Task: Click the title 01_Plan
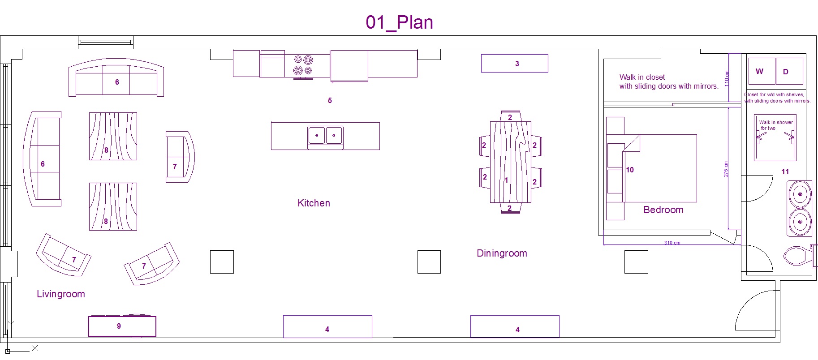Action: (x=399, y=22)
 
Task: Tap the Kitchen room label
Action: (x=314, y=203)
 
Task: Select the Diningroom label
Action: (x=502, y=253)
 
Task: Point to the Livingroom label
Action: (x=61, y=294)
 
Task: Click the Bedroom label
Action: (x=663, y=210)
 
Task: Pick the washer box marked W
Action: (x=762, y=71)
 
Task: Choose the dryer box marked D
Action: (x=789, y=71)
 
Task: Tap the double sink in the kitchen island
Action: (x=325, y=135)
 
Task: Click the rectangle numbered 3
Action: (x=514, y=64)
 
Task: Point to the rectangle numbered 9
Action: (x=122, y=326)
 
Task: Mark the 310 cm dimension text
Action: (x=672, y=243)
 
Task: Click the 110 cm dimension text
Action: (x=727, y=78)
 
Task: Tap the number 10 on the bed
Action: (x=630, y=170)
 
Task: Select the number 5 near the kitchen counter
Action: (x=330, y=101)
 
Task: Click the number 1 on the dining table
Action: (x=506, y=180)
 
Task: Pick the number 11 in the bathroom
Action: (x=785, y=172)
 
